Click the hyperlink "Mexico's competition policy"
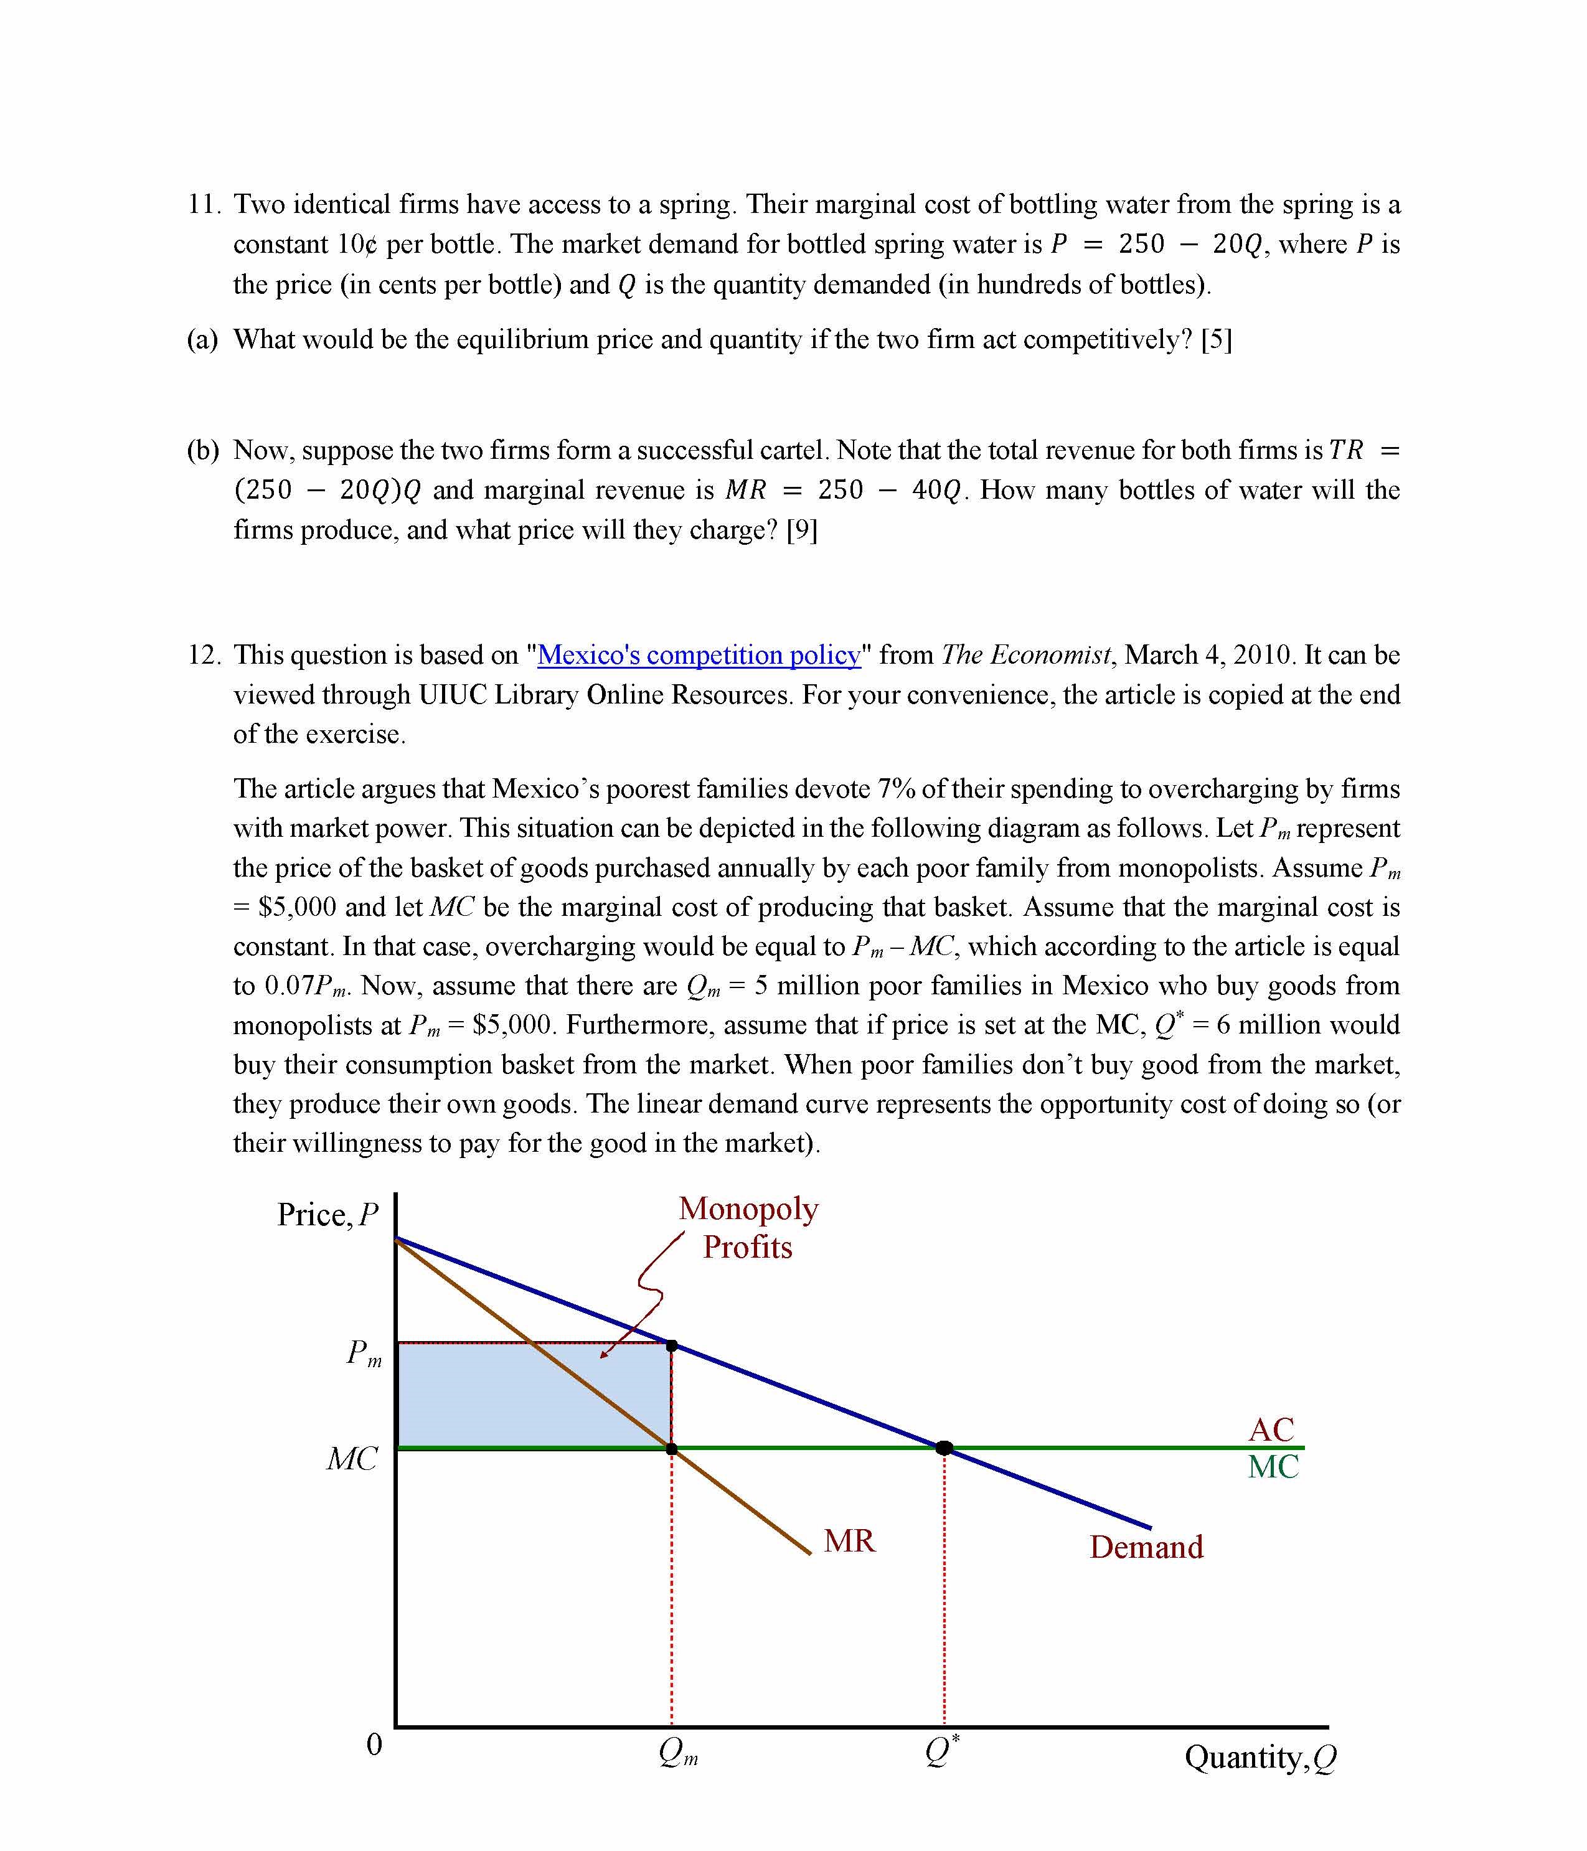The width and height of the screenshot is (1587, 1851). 699,655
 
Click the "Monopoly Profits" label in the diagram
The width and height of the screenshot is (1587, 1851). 748,1227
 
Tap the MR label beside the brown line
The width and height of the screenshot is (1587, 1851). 849,1541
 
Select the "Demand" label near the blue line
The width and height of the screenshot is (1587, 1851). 1146,1547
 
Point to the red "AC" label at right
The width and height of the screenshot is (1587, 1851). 1271,1429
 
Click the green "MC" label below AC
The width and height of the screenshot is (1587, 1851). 1273,1467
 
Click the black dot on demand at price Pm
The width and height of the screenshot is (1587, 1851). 672,1346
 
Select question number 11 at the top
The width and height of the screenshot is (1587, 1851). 203,205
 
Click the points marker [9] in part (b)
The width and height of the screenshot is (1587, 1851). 801,530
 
